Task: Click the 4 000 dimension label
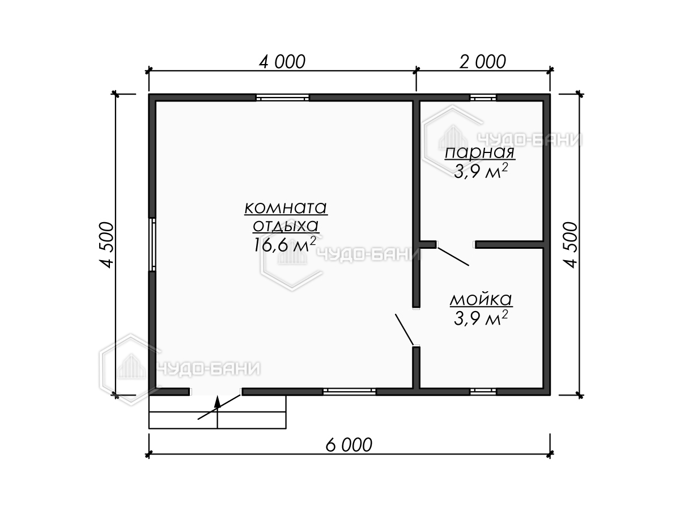[282, 62]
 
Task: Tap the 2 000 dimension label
[483, 62]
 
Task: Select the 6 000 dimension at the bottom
[349, 445]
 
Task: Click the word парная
[480, 152]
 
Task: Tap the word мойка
[481, 299]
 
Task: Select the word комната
[286, 208]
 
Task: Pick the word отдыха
[286, 226]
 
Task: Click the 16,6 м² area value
[284, 245]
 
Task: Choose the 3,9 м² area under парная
[481, 171]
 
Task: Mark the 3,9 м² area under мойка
[481, 318]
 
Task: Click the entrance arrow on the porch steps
[218, 412]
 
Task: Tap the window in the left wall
[152, 245]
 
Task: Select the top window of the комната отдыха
[282, 98]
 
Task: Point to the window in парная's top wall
[483, 98]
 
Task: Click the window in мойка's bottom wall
[483, 392]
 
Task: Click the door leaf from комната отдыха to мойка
[404, 329]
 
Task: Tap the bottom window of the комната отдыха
[350, 392]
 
